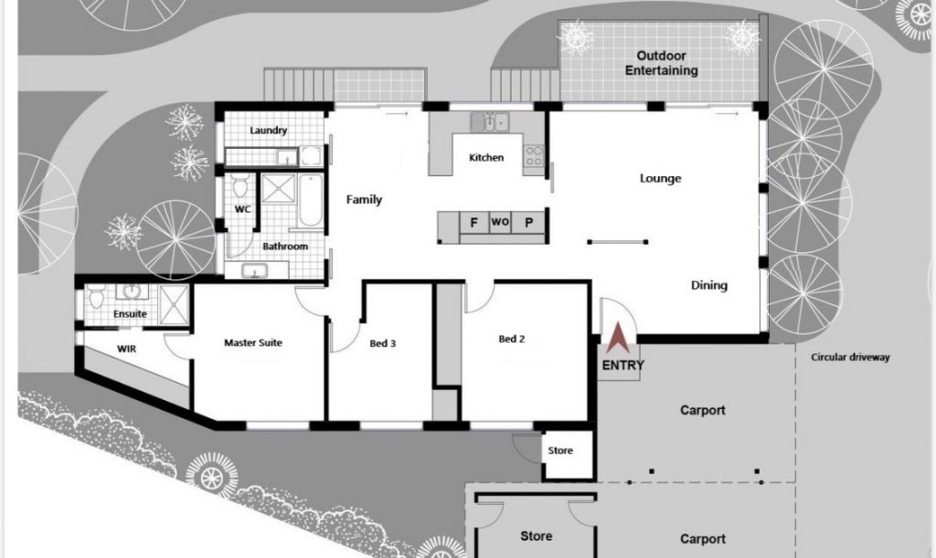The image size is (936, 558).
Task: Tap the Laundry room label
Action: point(268,130)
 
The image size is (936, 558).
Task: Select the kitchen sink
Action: point(489,121)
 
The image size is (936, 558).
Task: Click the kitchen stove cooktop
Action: point(534,155)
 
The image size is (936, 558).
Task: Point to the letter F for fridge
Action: point(474,222)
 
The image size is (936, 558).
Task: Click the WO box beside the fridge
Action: point(500,222)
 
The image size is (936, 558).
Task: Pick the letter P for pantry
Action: point(528,222)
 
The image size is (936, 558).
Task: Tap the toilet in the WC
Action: point(240,186)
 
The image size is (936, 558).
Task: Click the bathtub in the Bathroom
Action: point(311,200)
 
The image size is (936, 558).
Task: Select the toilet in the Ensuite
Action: point(95,296)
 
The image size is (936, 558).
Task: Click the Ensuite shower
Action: point(175,304)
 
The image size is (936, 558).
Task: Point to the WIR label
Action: point(126,349)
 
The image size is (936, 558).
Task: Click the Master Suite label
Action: point(253,342)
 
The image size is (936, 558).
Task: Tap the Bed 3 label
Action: point(383,343)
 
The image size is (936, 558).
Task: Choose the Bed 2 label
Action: point(512,339)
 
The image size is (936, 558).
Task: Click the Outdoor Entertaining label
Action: point(662,63)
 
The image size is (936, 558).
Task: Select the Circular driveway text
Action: point(850,358)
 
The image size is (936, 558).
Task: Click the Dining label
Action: point(709,286)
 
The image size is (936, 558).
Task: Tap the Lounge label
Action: point(660,178)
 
